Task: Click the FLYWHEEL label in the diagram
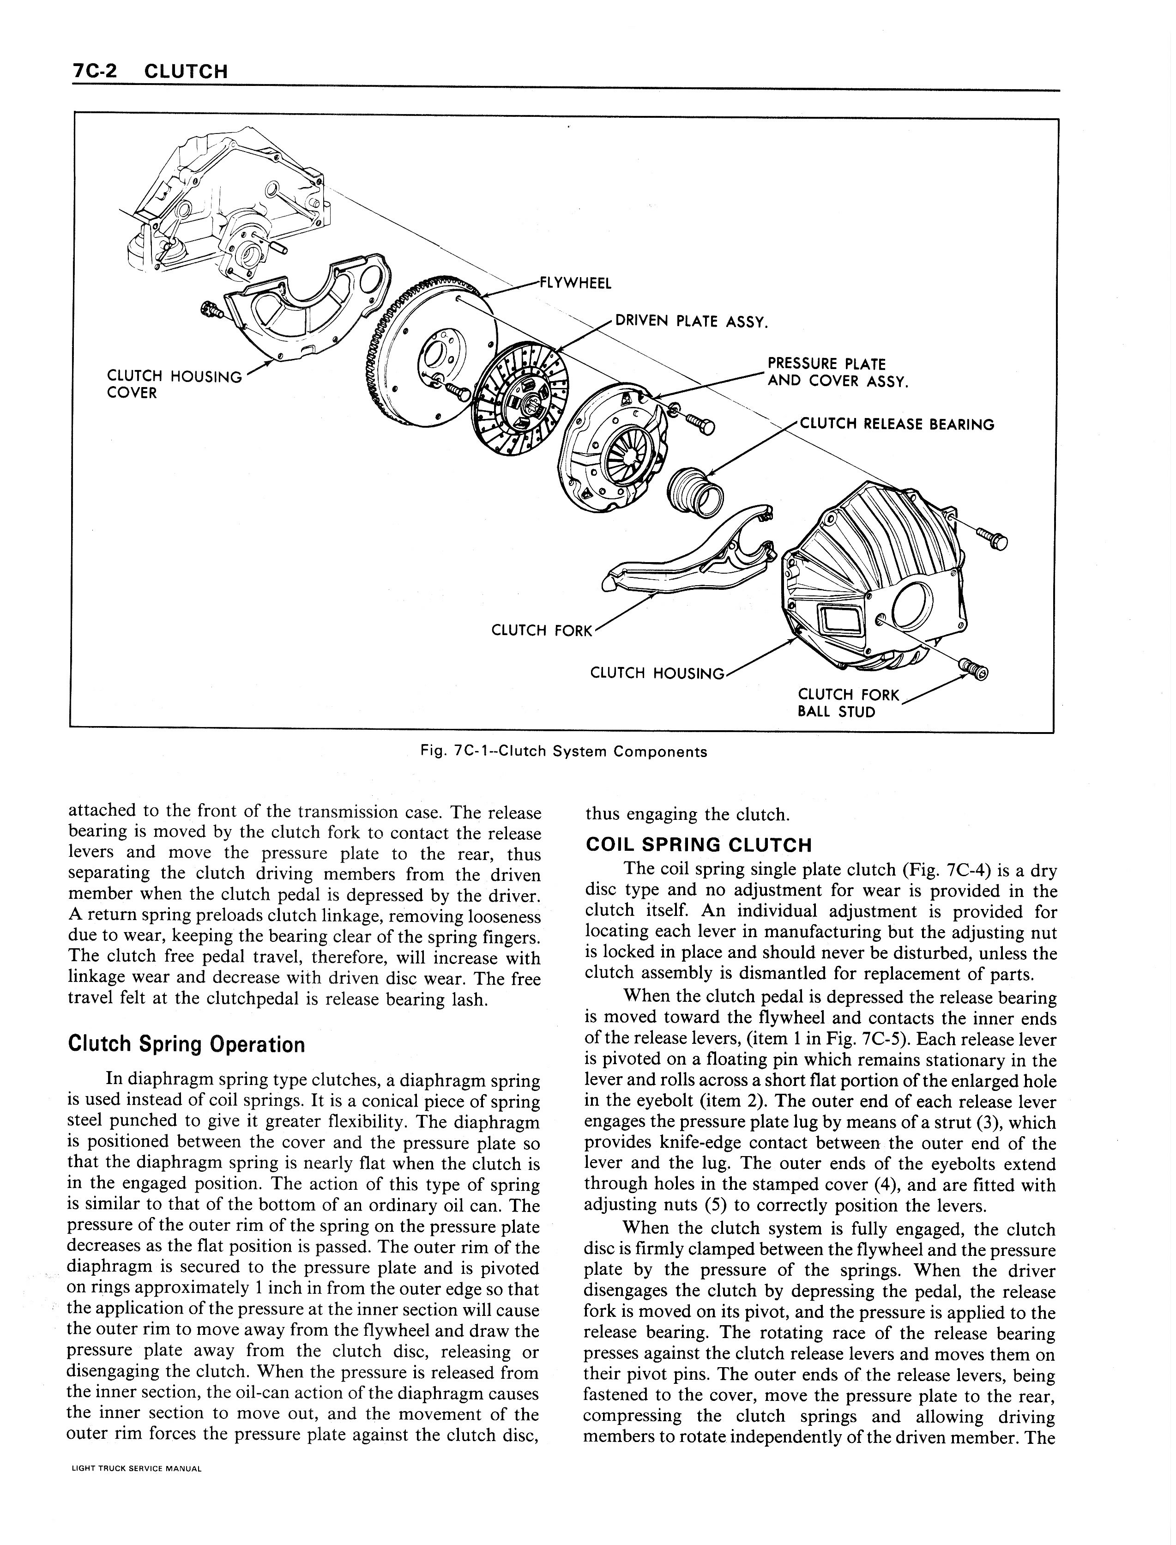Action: [x=575, y=283]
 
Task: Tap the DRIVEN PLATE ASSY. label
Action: [x=691, y=322]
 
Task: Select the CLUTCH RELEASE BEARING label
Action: [x=896, y=424]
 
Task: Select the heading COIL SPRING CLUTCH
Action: [x=698, y=844]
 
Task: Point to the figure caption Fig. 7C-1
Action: [x=563, y=752]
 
